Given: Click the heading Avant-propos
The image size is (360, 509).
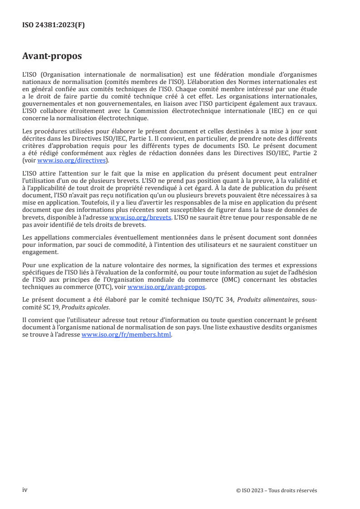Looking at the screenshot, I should [52, 56].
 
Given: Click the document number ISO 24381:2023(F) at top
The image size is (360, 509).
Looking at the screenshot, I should [54, 25].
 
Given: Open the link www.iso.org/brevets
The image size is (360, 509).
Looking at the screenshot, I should [140, 217].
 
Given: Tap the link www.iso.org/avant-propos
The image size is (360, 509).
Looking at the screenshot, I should [167, 287].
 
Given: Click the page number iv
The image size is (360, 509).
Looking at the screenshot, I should [25, 490].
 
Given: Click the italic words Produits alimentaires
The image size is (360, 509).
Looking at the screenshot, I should [258, 299].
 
